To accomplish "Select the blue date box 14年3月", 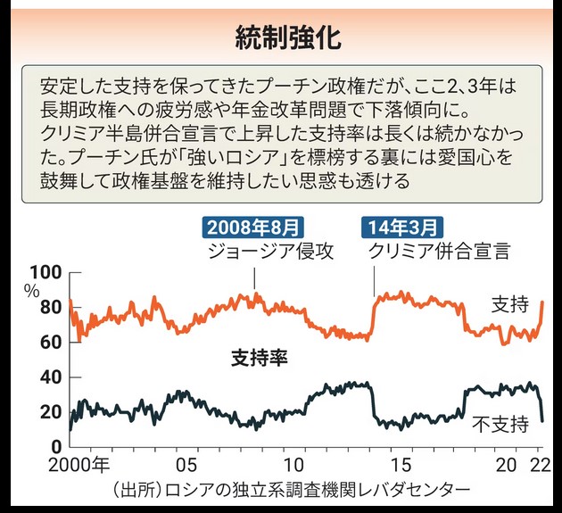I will click(x=401, y=227).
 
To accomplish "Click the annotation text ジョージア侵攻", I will click(x=269, y=251).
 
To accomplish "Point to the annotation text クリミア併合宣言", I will click(x=439, y=251).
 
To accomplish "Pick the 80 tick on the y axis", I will click(x=50, y=308).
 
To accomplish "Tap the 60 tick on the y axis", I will click(x=50, y=342).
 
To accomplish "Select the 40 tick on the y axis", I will click(x=50, y=376).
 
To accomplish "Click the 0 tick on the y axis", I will click(x=56, y=446).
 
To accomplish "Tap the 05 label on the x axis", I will click(x=186, y=466).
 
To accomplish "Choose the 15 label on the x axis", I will click(x=403, y=466).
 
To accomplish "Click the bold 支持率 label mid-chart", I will click(x=258, y=358).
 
